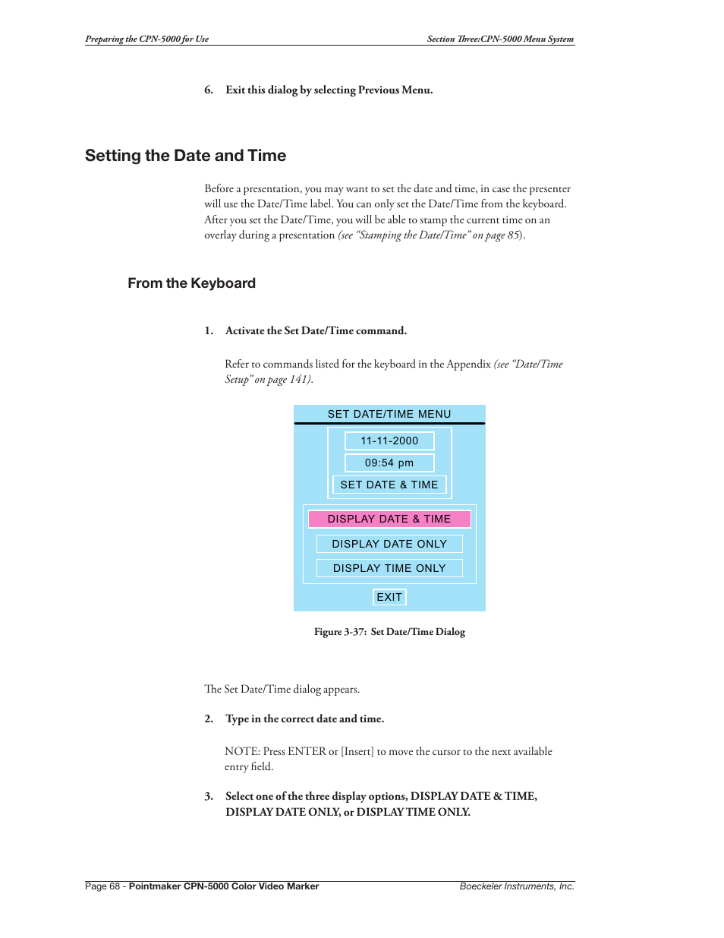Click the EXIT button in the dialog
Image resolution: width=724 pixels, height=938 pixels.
(389, 597)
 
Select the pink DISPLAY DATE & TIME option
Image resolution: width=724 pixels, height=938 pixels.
(389, 519)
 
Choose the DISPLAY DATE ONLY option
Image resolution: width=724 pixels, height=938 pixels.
(389, 544)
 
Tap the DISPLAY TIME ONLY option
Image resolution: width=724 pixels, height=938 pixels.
(389, 568)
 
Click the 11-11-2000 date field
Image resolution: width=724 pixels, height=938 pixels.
(389, 441)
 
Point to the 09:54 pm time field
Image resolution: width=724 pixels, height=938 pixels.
(389, 463)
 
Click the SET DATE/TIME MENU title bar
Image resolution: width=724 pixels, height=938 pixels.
(389, 414)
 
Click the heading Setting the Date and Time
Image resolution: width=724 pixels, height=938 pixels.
(185, 156)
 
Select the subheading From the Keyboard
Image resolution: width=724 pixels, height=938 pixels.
(191, 283)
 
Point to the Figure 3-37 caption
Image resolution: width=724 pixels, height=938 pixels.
(389, 632)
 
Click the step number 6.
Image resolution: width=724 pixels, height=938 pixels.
(208, 90)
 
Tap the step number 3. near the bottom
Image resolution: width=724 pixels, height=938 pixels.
(208, 797)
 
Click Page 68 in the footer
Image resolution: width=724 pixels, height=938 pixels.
(102, 886)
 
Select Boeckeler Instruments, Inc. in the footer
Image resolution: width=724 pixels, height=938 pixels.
(517, 886)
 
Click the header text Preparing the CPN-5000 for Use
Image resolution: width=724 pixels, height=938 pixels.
(146, 39)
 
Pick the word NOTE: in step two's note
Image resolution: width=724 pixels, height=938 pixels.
(242, 752)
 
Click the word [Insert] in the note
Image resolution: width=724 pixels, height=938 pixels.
(357, 752)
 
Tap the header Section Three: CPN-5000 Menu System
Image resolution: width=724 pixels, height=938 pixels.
(500, 39)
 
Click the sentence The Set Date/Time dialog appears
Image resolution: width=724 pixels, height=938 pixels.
(282, 690)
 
